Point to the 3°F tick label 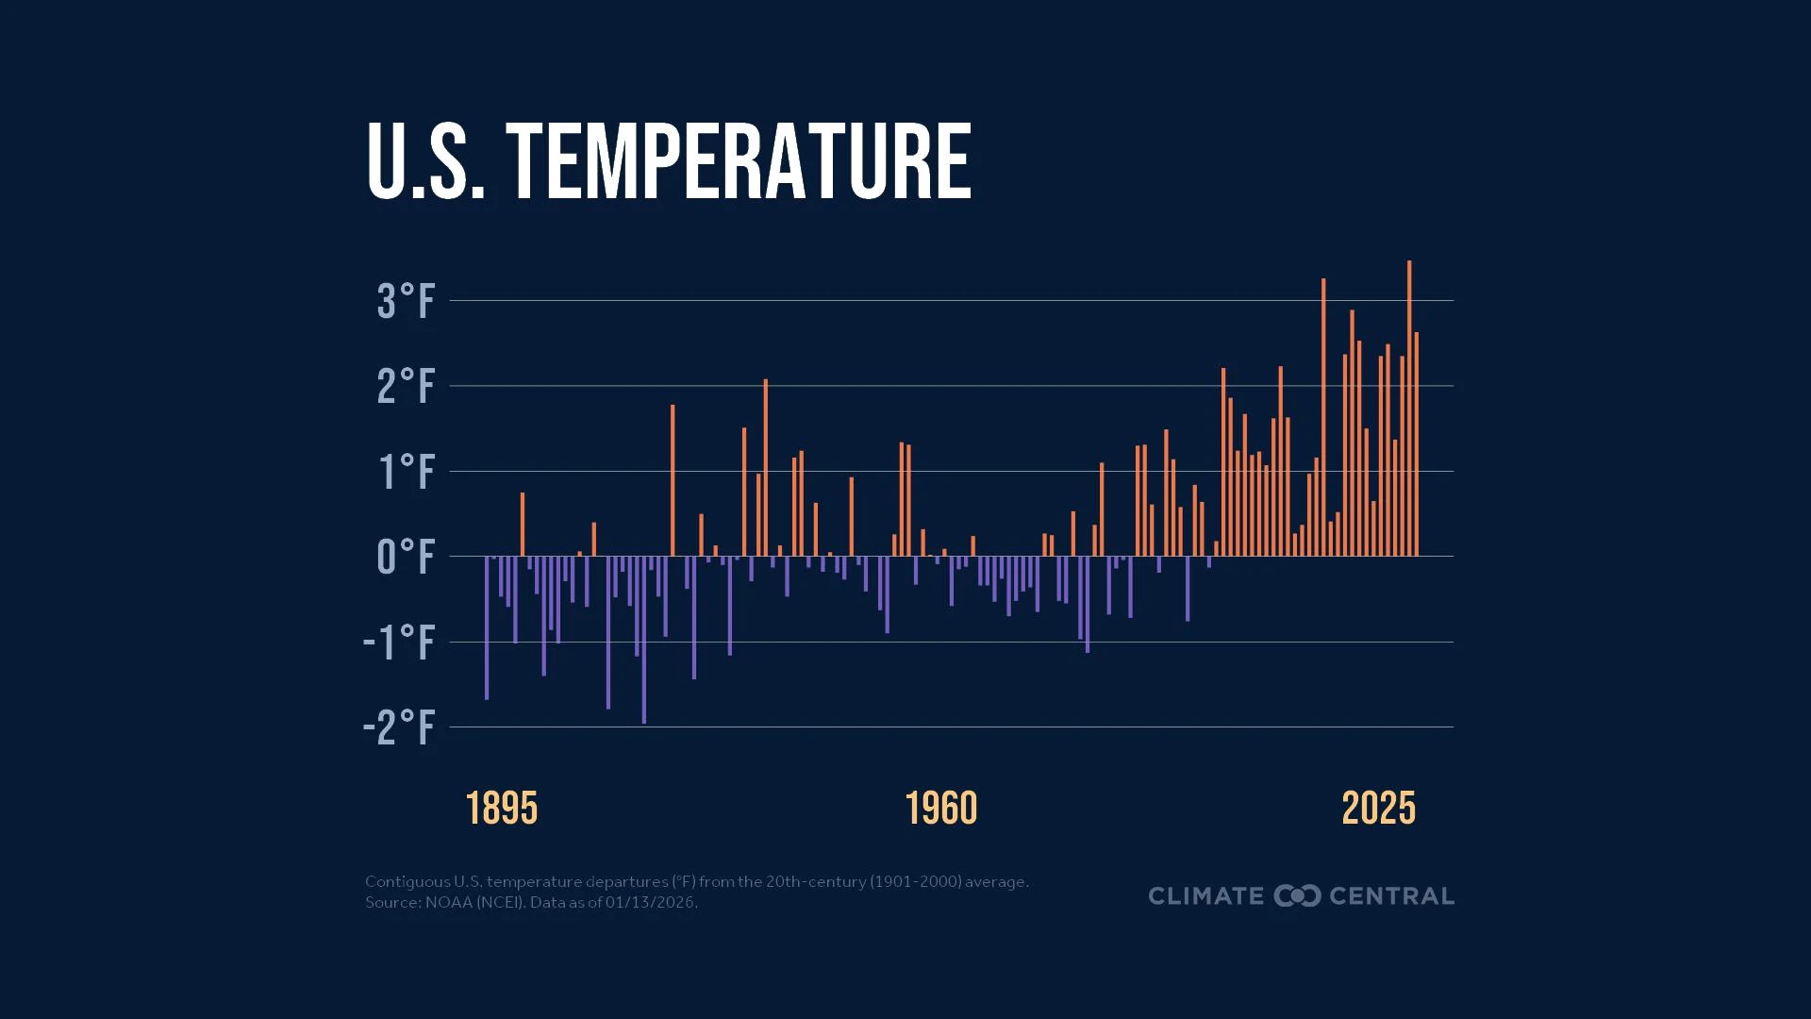pos(407,302)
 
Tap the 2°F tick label pos(407,387)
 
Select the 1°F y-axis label pos(407,472)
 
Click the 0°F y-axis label pos(407,558)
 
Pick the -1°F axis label pos(400,643)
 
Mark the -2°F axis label pos(400,727)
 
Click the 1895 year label pos(502,809)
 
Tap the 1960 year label pos(941,809)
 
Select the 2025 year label pos(1379,809)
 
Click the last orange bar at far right pos(1417,443)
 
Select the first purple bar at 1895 pos(487,627)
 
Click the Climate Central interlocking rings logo pos(1297,896)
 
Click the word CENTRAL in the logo pos(1391,896)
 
